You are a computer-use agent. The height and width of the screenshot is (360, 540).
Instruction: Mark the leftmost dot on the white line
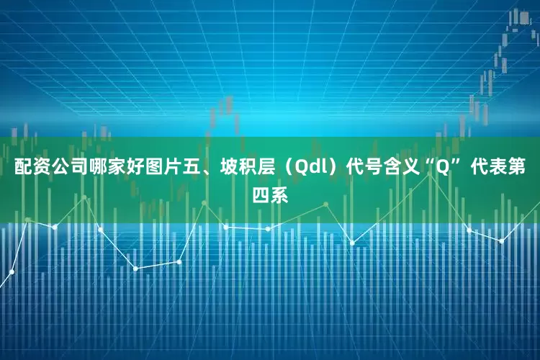coord(12,272)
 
